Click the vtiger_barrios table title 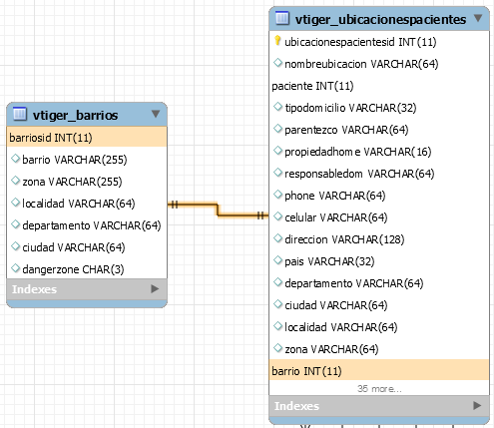pos(75,115)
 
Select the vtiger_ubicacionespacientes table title pos(380,20)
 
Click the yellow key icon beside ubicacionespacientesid pos(277,41)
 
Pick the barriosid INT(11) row pos(87,138)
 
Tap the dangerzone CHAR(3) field pos(73,269)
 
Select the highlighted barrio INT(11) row pos(379,370)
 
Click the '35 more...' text pos(379,388)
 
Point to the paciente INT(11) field pos(312,86)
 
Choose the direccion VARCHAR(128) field pos(344,239)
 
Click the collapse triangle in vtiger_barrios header pos(156,114)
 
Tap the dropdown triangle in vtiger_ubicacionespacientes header pos(478,18)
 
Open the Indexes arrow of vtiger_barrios pos(155,288)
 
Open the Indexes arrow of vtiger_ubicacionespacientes pos(477,405)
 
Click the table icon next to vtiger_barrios pos(20,114)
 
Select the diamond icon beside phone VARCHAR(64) pos(277,195)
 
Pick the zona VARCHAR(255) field pos(72,182)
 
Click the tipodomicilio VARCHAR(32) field pos(350,108)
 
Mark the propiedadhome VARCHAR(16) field pos(358,152)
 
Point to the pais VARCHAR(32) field pos(329,261)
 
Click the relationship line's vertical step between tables pos(218,211)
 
